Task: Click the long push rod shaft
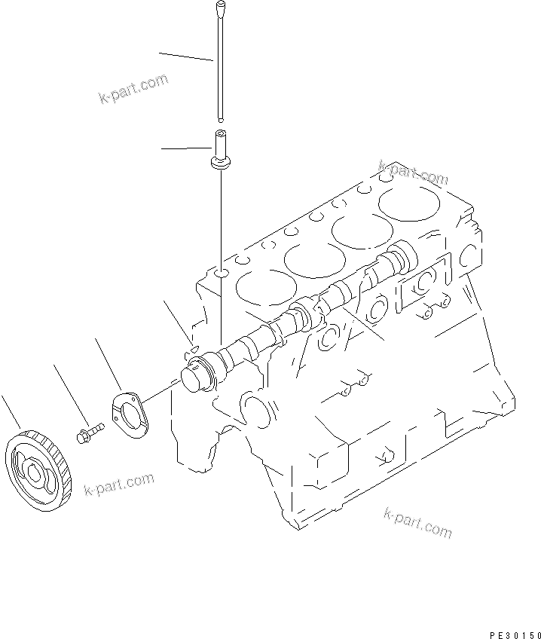(x=219, y=68)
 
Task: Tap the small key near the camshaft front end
(x=193, y=348)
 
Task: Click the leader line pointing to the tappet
(x=185, y=148)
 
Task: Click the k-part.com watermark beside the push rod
(x=133, y=88)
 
